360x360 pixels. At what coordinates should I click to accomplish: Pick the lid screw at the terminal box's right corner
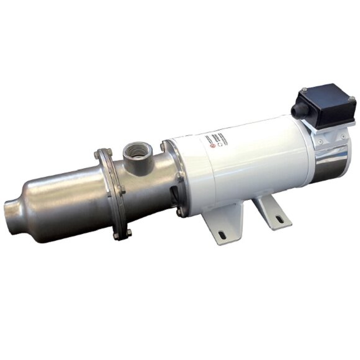351,99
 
